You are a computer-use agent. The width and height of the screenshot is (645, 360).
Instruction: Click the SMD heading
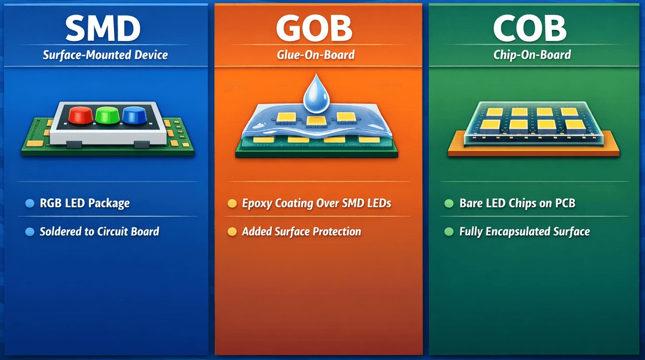coord(103,28)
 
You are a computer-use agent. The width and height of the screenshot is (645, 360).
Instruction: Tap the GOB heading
coord(314,28)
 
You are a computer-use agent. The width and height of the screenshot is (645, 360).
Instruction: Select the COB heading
coord(530,28)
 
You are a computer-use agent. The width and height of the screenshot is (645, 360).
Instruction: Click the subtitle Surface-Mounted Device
coord(105,55)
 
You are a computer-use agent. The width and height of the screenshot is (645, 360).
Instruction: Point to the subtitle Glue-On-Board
coord(316,55)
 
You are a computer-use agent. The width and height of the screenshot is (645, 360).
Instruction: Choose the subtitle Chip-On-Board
coord(532,55)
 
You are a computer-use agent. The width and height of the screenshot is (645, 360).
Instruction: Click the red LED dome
coord(80,116)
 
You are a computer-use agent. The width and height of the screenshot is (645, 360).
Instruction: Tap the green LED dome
coord(107,116)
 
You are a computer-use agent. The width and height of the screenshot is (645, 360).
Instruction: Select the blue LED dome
coord(134,116)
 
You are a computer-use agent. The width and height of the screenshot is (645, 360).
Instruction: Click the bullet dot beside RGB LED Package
coord(30,204)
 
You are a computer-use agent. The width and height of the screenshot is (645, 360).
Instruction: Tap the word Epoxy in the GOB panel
coord(257,204)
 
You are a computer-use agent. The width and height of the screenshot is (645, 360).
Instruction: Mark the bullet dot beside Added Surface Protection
coord(232,232)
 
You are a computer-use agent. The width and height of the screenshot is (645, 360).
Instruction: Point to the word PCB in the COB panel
coord(565,203)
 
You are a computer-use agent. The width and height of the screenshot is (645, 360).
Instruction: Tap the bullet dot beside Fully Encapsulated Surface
coord(449,232)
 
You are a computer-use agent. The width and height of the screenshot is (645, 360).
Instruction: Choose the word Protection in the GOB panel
coord(337,232)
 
